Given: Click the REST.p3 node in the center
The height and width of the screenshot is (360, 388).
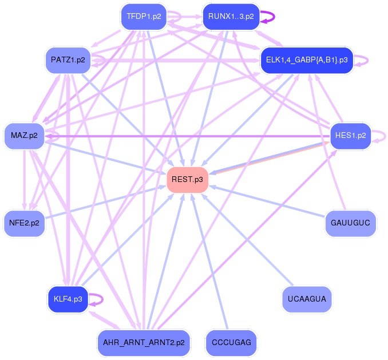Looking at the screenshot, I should (187, 180).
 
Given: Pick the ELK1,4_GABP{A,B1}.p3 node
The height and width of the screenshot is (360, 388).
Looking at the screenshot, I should (307, 60).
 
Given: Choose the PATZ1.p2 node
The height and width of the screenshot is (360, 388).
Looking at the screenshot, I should (68, 60).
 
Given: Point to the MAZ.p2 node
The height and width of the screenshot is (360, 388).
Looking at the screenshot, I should (24, 136).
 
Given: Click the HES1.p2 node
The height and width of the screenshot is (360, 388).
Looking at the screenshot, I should (350, 136).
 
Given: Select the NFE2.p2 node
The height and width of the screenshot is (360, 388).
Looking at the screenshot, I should (24, 223).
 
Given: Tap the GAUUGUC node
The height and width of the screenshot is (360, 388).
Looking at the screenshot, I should (350, 223).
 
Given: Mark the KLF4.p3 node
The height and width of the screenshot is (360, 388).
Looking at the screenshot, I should (68, 299).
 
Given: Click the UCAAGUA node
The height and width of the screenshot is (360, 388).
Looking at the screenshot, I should (307, 299).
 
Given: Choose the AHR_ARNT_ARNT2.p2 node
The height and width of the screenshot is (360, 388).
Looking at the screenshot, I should (143, 343).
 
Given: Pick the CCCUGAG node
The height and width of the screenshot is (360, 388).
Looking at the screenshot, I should (231, 343).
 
